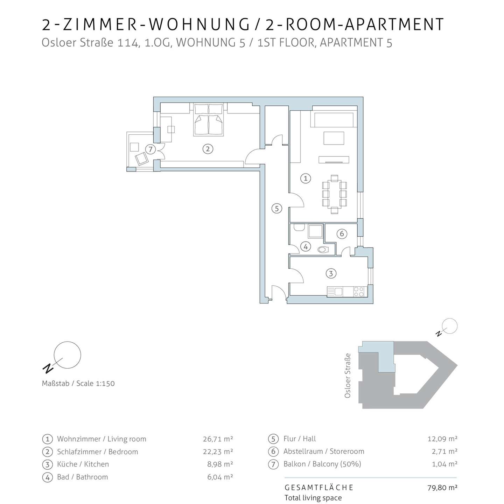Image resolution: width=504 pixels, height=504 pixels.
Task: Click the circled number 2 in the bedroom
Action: [x=208, y=149]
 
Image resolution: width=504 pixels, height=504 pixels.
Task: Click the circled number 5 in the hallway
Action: [x=277, y=209]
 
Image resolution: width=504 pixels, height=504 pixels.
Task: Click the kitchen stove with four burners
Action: [x=359, y=292]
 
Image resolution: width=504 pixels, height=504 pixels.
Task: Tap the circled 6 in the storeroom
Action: [x=342, y=233]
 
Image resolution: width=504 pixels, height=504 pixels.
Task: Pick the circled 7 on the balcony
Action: [x=150, y=149]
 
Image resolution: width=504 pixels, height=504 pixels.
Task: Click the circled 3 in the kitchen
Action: [x=331, y=274]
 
